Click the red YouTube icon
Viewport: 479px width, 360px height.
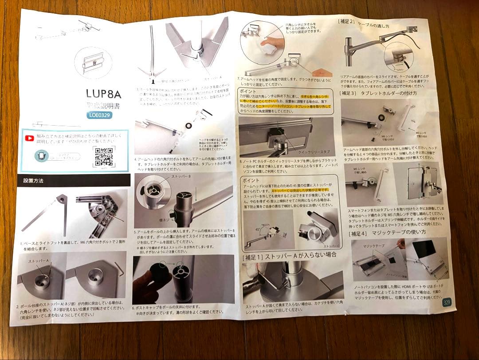pos(30,138)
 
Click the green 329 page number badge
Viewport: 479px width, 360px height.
pos(447,302)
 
